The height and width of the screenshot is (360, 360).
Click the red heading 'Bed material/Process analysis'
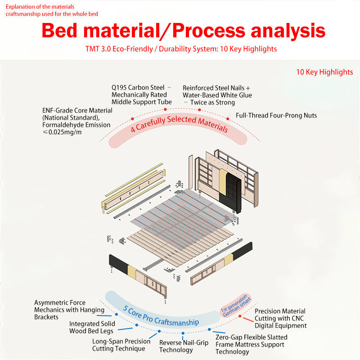click(x=183, y=31)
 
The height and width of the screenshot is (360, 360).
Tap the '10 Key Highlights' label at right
click(x=324, y=72)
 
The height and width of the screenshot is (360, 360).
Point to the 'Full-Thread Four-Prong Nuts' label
click(x=276, y=116)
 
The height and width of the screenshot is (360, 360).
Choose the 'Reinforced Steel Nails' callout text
click(x=217, y=95)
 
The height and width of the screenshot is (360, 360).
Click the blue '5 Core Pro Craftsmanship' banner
click(x=161, y=315)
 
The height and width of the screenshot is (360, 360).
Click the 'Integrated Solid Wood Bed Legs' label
click(x=92, y=327)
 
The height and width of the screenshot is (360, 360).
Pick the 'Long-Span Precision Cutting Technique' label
click(x=121, y=345)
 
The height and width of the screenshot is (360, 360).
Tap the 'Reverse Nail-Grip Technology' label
click(x=184, y=346)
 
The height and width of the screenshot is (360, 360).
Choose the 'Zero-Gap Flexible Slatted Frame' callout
click(x=251, y=344)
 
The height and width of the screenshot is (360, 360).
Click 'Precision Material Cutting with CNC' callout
click(x=280, y=318)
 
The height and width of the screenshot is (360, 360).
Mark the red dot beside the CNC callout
click(x=239, y=317)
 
